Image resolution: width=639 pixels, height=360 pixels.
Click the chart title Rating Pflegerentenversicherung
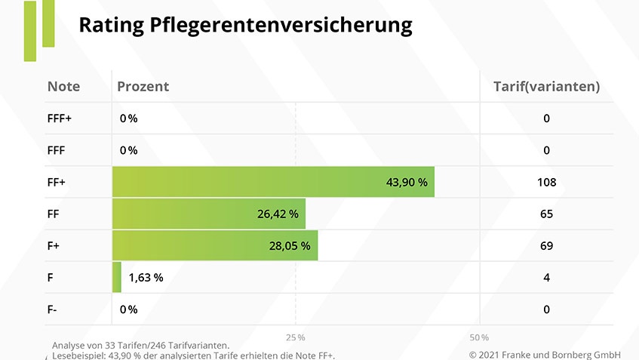[x=245, y=26]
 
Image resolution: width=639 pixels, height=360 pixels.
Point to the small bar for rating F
[x=117, y=277]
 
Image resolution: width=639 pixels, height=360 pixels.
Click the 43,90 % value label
[x=407, y=182]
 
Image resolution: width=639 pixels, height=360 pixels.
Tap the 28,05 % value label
[x=290, y=245]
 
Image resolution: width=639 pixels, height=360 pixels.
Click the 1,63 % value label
[x=146, y=277]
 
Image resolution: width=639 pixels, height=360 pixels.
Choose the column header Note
[x=63, y=86]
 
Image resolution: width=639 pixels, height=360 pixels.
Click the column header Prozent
[x=143, y=86]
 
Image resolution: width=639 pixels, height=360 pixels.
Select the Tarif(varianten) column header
[x=546, y=86]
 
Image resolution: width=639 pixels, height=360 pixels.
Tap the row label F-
[x=54, y=309]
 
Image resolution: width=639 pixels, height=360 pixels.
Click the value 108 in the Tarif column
[x=546, y=182]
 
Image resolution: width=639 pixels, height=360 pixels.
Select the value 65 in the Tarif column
[x=546, y=214]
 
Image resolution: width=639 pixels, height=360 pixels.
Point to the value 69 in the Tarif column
[x=546, y=245]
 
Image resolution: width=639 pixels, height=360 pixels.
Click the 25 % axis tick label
[x=296, y=337]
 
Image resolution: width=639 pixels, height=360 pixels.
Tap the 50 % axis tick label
[x=479, y=337]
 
